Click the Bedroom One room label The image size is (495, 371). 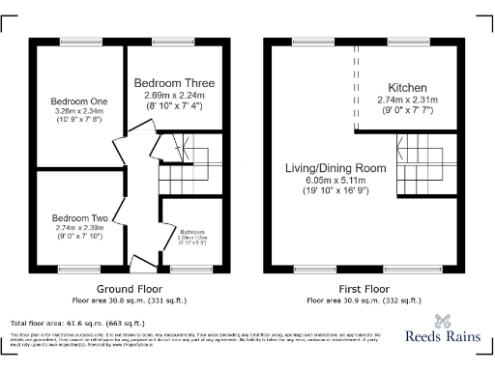pyautogui.click(x=79, y=101)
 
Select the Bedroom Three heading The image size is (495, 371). pyautogui.click(x=174, y=83)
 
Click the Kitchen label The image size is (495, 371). pyautogui.click(x=407, y=87)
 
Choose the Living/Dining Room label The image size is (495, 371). pyautogui.click(x=335, y=168)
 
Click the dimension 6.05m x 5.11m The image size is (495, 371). pyautogui.click(x=335, y=180)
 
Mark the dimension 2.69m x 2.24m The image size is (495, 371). pyautogui.click(x=174, y=96)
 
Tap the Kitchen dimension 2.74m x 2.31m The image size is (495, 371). pyautogui.click(x=407, y=100)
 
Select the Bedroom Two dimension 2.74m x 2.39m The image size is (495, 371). pyautogui.click(x=79, y=231)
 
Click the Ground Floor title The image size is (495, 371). pyautogui.click(x=130, y=289)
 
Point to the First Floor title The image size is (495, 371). pyautogui.click(x=363, y=289)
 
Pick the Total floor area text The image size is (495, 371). pyautogui.click(x=77, y=323)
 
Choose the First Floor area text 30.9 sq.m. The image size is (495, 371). pyautogui.click(x=363, y=300)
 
